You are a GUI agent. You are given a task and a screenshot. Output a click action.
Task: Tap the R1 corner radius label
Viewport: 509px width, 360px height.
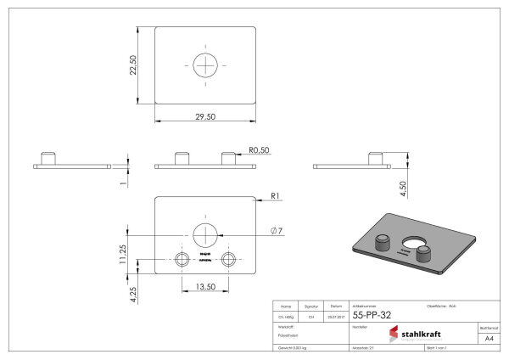click(x=276, y=197)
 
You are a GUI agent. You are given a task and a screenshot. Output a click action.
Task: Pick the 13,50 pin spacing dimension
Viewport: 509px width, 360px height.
click(x=204, y=286)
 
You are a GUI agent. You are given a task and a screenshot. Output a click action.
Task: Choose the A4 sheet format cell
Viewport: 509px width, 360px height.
click(x=488, y=337)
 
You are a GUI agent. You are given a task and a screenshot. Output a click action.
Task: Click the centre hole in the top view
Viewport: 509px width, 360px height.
click(x=205, y=65)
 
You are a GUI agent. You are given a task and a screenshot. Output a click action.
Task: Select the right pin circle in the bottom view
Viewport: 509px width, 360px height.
click(x=228, y=259)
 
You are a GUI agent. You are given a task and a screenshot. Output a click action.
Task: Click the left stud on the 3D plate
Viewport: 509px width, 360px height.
click(x=383, y=241)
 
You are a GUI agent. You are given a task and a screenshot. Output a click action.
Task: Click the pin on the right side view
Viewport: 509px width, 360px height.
click(x=374, y=158)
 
